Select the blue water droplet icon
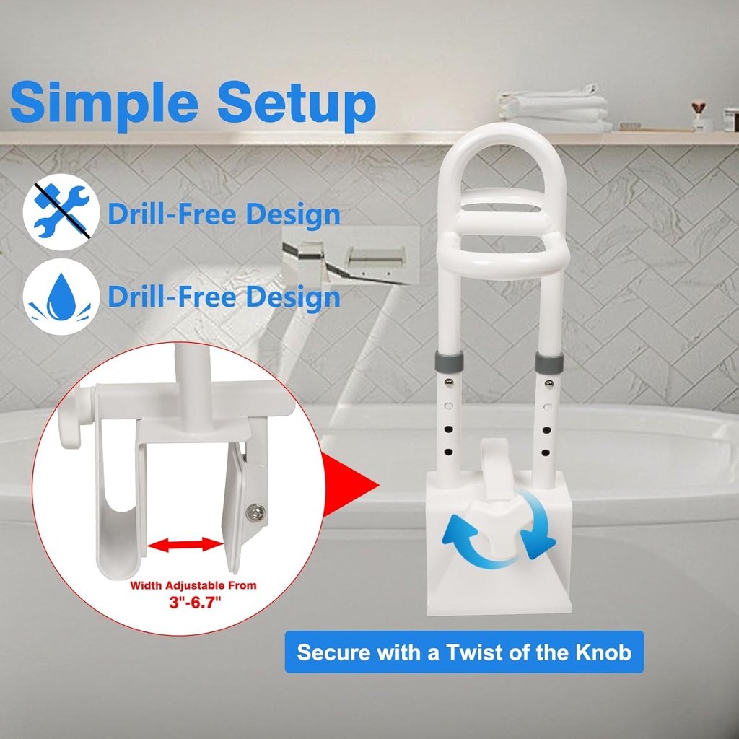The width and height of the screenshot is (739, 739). tap(60, 297)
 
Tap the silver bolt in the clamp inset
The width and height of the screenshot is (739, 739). tap(256, 514)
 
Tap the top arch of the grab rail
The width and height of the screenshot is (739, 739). tap(503, 134)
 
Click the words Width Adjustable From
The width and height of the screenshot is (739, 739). tap(193, 585)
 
